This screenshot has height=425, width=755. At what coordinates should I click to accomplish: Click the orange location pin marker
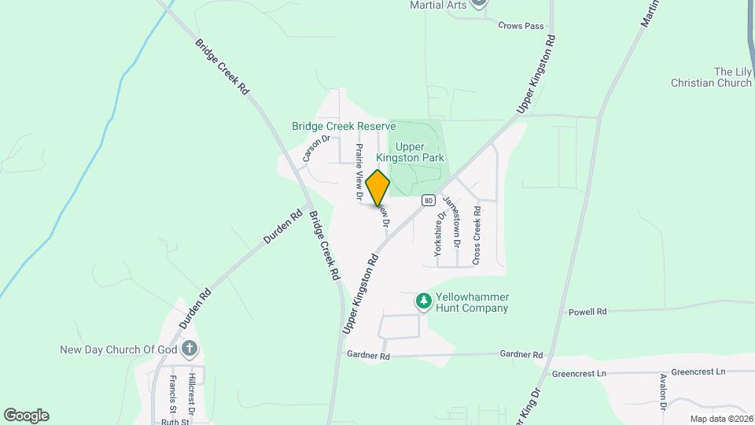click(377, 188)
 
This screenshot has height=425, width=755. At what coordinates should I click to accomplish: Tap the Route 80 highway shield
click(428, 200)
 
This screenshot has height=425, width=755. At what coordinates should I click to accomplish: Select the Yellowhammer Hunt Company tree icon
click(424, 301)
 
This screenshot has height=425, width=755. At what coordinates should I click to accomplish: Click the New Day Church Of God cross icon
click(189, 348)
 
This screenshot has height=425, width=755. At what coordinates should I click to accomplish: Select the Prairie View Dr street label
click(359, 171)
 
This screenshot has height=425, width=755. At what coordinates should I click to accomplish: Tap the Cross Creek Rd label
click(476, 235)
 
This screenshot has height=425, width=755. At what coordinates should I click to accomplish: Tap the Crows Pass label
click(521, 26)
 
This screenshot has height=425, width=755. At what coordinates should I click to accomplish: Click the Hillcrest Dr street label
click(191, 394)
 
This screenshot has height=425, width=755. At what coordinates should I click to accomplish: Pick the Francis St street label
click(172, 394)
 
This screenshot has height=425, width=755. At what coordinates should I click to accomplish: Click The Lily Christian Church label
click(711, 77)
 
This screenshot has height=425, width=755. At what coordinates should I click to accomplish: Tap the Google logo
click(26, 415)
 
